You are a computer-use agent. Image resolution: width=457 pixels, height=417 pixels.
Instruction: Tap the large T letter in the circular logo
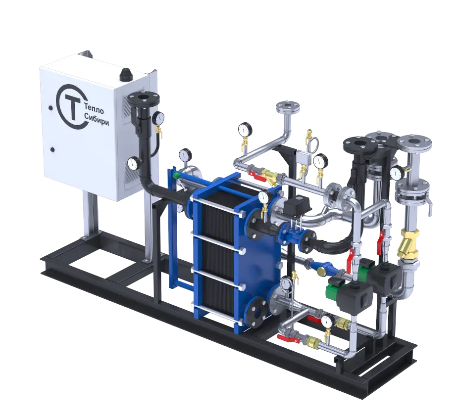point(73,107)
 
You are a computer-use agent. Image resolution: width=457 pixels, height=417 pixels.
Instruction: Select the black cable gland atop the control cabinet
point(126,74)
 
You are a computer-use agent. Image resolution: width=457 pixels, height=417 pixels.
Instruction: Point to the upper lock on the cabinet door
point(51,108)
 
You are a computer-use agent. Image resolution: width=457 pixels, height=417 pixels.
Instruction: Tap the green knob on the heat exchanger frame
point(176,175)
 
